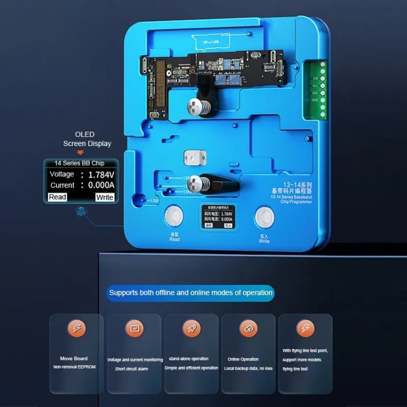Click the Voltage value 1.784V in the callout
point(101,174)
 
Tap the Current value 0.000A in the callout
point(101,185)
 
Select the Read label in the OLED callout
point(58,197)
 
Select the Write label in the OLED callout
point(104,197)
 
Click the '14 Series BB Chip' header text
point(79,163)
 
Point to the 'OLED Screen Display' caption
point(86,139)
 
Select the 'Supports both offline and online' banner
point(190,292)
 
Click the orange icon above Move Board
point(77,329)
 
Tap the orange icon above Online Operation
point(249,329)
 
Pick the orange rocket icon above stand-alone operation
point(192,329)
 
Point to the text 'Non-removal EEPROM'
point(74,367)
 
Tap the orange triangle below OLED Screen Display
point(80,152)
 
